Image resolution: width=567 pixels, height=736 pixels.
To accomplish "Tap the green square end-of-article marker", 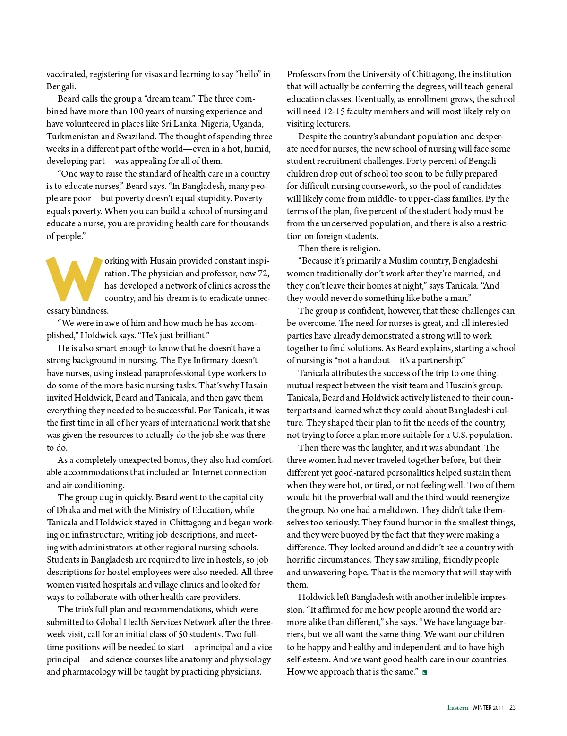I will click(425, 672).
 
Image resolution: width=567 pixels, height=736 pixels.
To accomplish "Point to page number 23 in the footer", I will click(513, 707).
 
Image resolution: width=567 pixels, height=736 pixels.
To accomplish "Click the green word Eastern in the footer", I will click(458, 707).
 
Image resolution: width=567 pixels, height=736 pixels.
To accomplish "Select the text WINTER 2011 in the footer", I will click(488, 708).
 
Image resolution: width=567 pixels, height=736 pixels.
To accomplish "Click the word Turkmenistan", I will click(72, 137).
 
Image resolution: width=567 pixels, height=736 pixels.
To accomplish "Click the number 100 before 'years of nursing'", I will click(137, 111).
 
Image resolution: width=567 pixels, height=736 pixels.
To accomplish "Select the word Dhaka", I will click(69, 510).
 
